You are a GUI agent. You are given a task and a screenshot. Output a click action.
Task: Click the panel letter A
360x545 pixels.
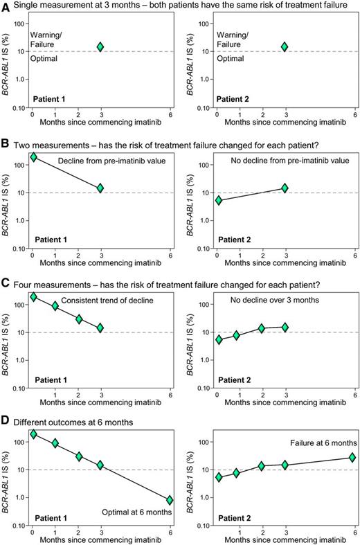tap(6, 6)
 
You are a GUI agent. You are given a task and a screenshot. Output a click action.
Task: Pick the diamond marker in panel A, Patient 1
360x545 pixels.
tap(100, 46)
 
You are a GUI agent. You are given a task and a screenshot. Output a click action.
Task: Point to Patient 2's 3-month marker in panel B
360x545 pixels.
tap(284, 188)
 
